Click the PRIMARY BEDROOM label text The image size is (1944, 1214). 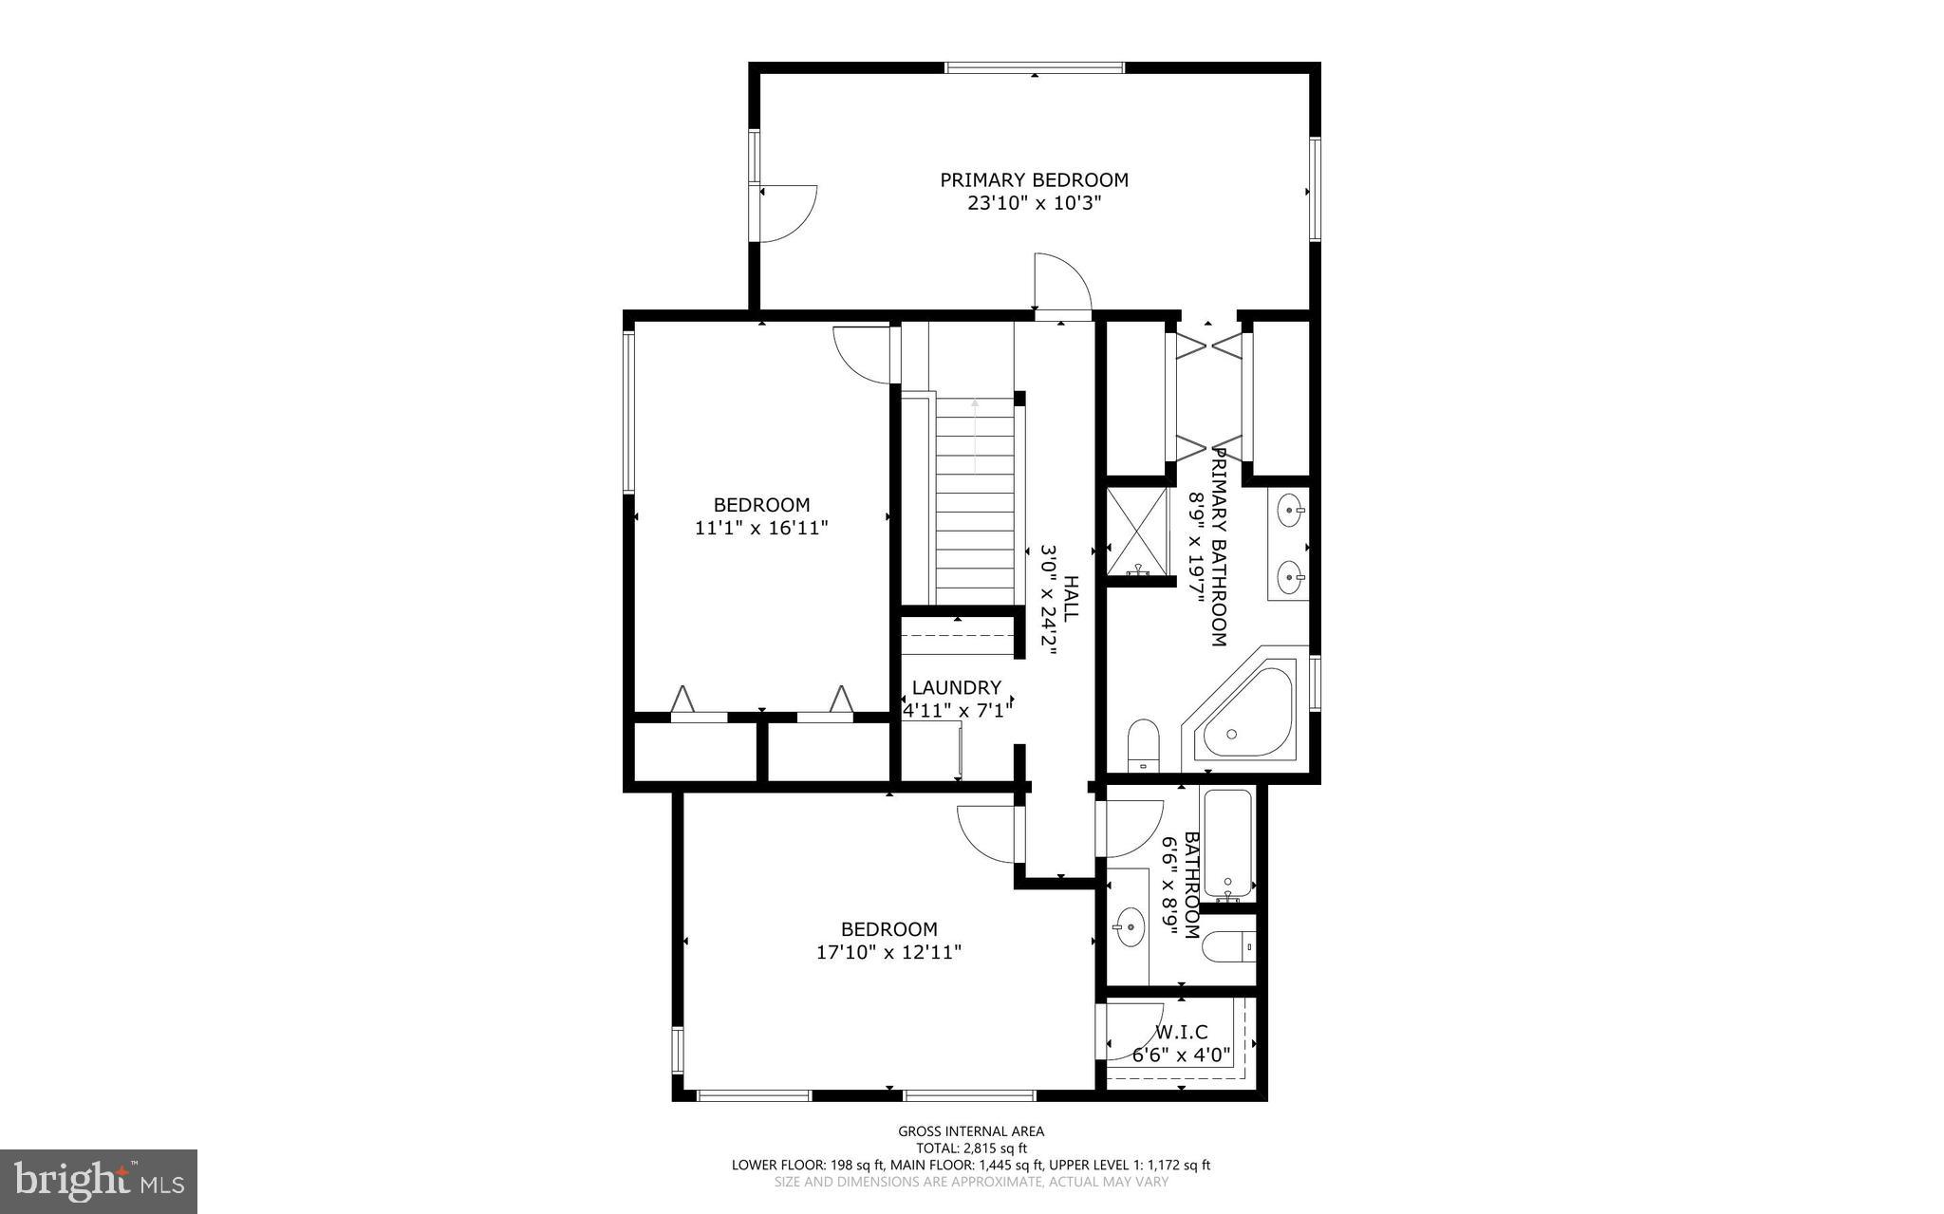(1034, 179)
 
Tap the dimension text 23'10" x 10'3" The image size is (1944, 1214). (1034, 203)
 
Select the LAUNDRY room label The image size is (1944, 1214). (956, 687)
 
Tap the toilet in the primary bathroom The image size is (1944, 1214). (1144, 746)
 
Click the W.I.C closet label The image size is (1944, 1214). (1181, 1032)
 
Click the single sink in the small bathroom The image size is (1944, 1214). (1130, 926)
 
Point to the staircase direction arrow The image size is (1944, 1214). (975, 436)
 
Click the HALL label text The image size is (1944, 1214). (1070, 598)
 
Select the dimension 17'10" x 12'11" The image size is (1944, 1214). (889, 952)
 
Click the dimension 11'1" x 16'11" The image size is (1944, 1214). (761, 528)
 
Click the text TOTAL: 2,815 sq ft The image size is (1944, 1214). (971, 1148)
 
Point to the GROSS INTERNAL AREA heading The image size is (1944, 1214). (971, 1130)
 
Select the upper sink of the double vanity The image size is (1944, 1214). (1289, 510)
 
